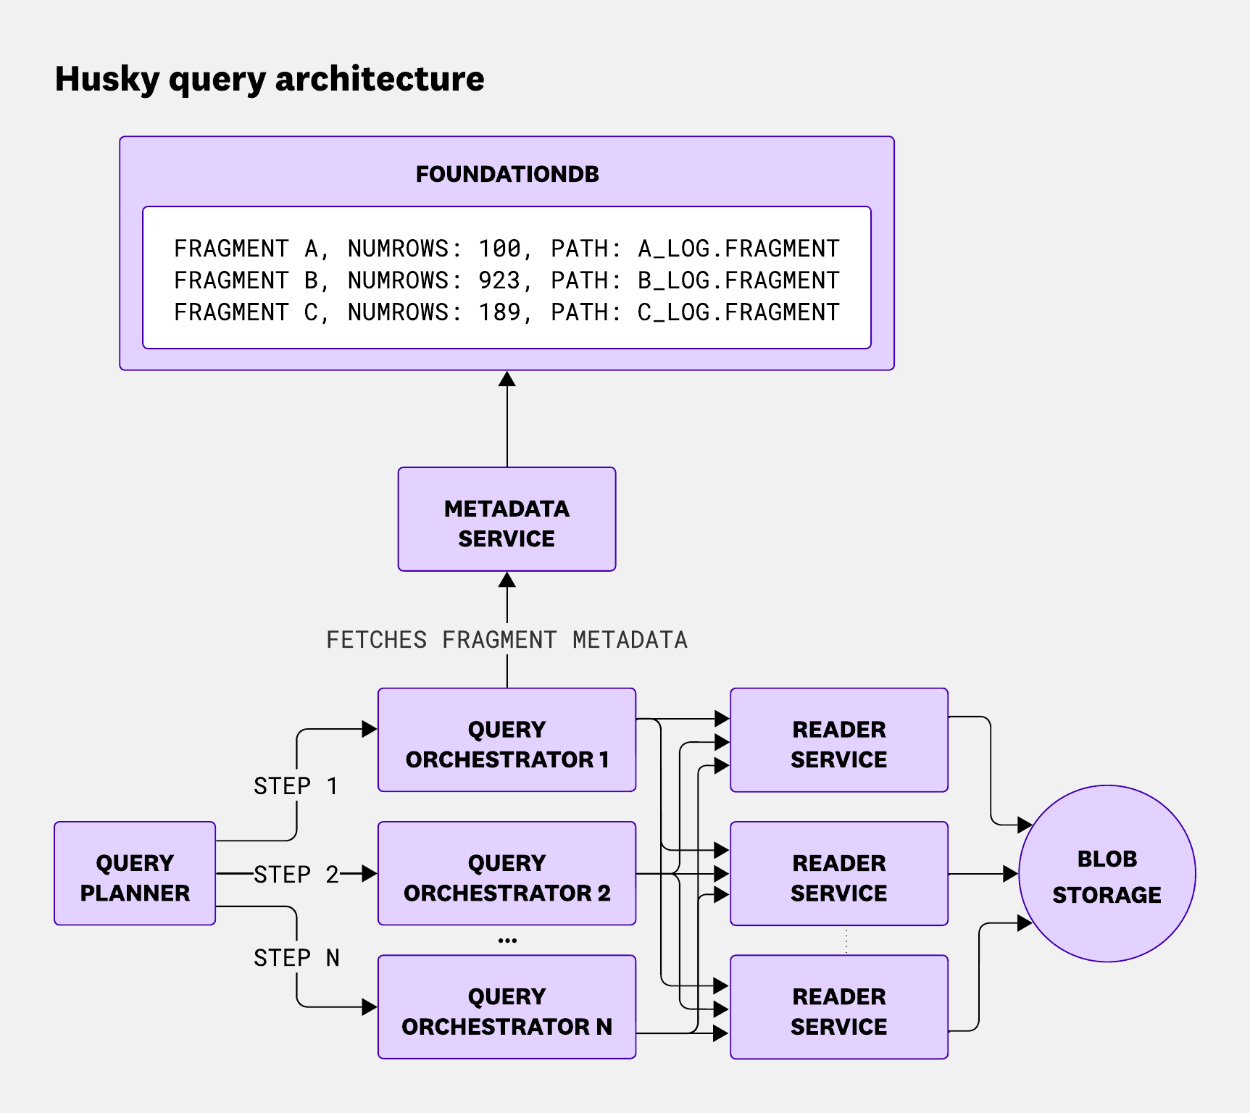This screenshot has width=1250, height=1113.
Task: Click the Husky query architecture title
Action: point(270,79)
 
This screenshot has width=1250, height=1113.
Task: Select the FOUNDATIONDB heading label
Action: point(507,174)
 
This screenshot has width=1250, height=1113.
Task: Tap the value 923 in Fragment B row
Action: point(499,280)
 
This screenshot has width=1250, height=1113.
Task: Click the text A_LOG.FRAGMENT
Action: point(738,249)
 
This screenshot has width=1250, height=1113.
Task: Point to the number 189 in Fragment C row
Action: point(499,312)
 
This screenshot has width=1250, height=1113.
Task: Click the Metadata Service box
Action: point(507,520)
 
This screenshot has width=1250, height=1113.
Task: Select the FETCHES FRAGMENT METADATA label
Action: point(507,640)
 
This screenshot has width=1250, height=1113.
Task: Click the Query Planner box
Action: point(135,873)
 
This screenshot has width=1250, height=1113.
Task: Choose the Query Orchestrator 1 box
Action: point(507,740)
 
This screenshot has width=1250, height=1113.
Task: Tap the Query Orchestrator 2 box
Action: point(507,873)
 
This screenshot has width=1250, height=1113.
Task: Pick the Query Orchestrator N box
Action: point(507,1007)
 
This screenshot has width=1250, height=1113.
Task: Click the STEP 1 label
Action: point(296,786)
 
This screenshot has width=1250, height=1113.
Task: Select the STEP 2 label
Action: point(296,875)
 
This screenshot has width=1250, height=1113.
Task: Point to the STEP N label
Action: point(296,958)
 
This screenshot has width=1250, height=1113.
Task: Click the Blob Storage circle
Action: point(1107,874)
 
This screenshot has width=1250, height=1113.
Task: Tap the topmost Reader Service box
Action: point(839,740)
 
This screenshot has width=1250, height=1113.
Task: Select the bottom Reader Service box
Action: point(839,1007)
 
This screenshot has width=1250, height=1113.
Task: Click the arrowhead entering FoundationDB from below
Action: point(507,379)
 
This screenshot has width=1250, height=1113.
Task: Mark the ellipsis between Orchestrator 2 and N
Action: point(507,941)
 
